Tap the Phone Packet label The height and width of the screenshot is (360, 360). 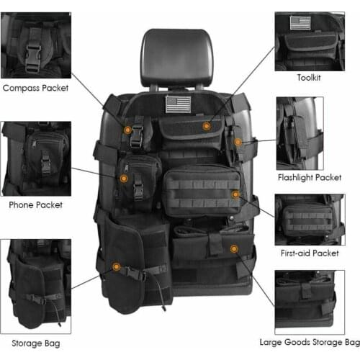35,204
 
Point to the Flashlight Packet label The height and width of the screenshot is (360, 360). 309,176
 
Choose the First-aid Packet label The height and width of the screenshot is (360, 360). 309,253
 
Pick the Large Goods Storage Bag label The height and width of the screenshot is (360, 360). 310,342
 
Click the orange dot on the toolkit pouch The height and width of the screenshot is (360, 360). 206,127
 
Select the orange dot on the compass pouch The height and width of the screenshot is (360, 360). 127,130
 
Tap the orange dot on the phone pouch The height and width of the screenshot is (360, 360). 124,177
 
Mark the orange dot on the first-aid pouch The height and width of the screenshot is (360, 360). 235,194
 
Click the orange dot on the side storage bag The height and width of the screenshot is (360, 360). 116,268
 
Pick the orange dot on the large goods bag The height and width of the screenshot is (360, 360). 233,248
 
